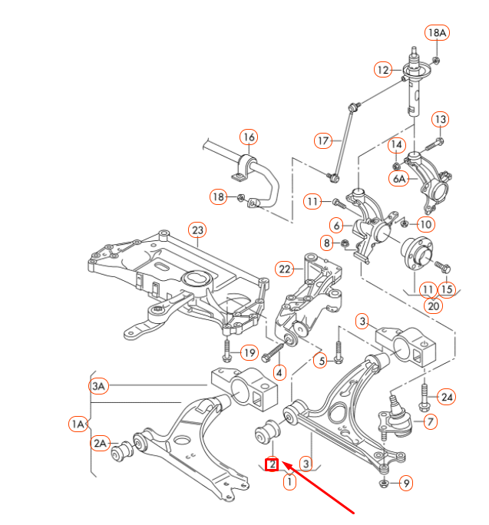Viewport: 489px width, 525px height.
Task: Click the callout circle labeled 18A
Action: click(x=437, y=32)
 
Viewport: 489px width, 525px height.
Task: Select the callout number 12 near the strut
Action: click(x=384, y=70)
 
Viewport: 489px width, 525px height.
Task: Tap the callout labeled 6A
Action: click(x=399, y=178)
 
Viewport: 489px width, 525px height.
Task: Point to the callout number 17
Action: click(x=323, y=140)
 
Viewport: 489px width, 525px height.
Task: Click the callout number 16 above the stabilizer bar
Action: click(x=248, y=137)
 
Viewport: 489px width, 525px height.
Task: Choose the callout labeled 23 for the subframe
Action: click(x=197, y=229)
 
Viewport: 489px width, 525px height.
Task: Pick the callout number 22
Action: click(x=286, y=269)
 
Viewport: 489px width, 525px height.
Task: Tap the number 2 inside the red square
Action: click(x=272, y=464)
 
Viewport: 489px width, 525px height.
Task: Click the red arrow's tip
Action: click(x=284, y=463)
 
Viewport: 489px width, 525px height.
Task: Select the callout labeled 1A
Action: click(x=78, y=423)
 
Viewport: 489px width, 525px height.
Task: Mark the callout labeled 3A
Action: click(x=98, y=386)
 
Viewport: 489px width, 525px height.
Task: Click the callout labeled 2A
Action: click(x=101, y=443)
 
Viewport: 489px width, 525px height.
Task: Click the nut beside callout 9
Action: click(x=384, y=484)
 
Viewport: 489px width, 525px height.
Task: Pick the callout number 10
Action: click(x=426, y=224)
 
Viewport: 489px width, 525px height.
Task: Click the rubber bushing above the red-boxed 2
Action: click(x=266, y=434)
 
